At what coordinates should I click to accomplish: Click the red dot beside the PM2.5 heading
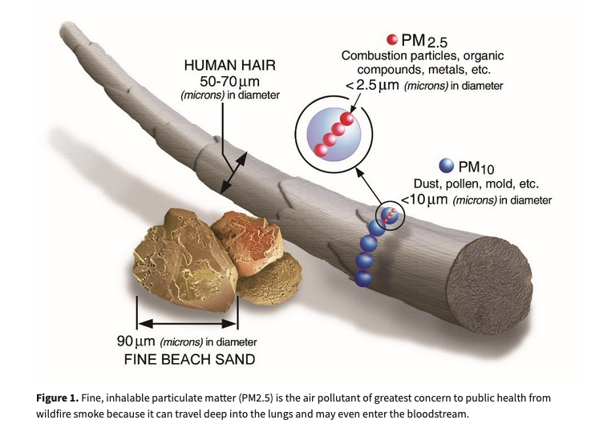coord(391,40)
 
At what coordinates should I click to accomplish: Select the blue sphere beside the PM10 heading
coord(446,166)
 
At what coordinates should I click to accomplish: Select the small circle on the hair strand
coord(390,214)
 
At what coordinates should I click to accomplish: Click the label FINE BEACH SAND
coord(189,359)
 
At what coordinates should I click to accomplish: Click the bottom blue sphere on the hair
coord(363,277)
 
